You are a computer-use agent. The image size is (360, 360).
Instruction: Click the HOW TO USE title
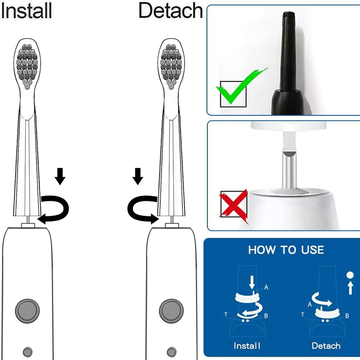coord(286,250)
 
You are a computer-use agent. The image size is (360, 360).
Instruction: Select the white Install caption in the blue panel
coord(247,346)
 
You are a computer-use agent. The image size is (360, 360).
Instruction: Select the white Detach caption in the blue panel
coord(326,346)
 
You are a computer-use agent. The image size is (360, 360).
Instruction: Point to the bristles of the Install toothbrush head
coord(27,66)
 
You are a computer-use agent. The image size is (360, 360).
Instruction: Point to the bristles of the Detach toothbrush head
coord(171,66)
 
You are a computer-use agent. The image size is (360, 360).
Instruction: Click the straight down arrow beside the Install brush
coord(60,176)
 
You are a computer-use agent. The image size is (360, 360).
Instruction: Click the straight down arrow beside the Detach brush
coord(138,176)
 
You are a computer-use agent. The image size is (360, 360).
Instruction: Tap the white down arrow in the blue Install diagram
coord(252,282)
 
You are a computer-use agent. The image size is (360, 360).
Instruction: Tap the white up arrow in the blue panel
coord(350,288)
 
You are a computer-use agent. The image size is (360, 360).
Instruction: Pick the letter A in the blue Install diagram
coord(266,287)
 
